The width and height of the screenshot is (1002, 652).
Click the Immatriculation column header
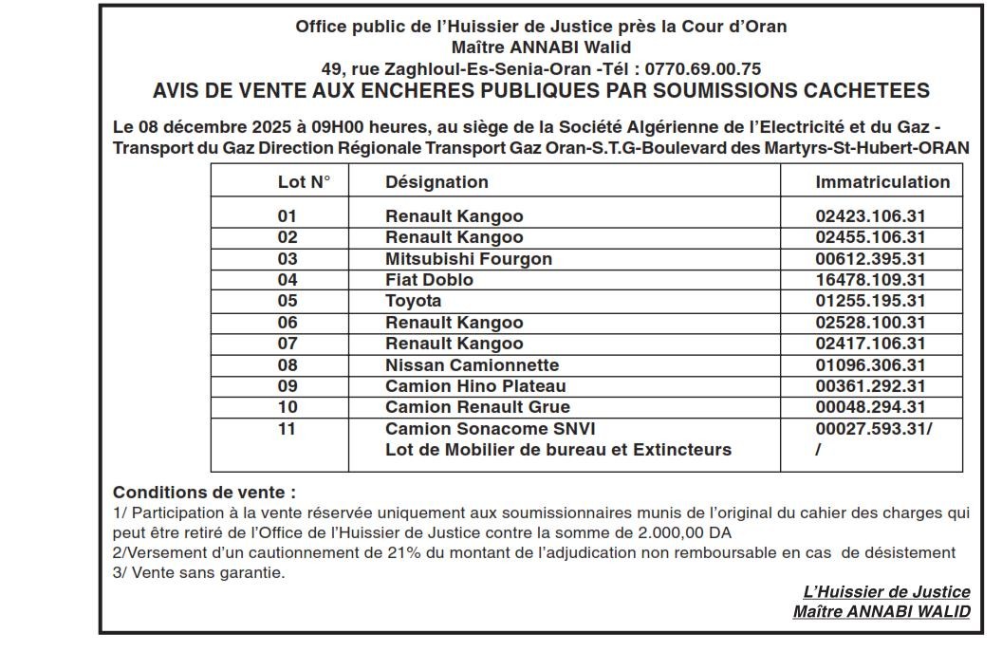(x=881, y=182)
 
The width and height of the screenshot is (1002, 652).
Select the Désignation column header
(x=436, y=182)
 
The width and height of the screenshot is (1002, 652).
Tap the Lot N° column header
(x=304, y=182)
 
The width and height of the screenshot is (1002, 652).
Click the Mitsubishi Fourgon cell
(x=468, y=259)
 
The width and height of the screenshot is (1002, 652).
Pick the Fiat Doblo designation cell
(x=429, y=280)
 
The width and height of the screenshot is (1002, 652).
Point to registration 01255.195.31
(x=870, y=301)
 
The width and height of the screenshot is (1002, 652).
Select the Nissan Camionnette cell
(x=472, y=365)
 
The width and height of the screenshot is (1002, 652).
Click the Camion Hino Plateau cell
(x=474, y=386)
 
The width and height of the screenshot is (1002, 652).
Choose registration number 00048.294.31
(x=870, y=407)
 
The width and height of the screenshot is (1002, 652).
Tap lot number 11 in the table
(x=287, y=429)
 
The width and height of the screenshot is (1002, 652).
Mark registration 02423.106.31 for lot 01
(x=870, y=216)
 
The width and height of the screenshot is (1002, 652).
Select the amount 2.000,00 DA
(x=677, y=532)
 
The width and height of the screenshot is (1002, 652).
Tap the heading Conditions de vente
(x=204, y=493)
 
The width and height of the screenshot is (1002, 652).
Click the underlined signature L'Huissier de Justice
(x=886, y=592)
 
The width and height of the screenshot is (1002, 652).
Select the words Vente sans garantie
(x=204, y=572)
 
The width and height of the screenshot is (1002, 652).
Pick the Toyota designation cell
(x=413, y=301)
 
